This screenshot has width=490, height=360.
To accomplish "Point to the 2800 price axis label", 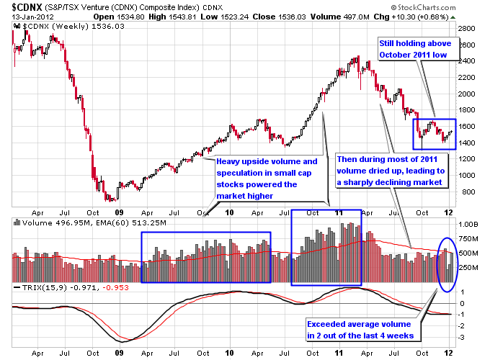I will (x=466, y=29).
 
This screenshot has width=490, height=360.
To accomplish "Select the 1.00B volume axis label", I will (x=468, y=225).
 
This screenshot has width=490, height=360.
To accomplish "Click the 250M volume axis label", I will (x=468, y=268).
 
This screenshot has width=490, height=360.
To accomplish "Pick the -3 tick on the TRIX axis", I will (x=462, y=337).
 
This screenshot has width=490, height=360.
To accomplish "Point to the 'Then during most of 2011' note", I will (x=393, y=171).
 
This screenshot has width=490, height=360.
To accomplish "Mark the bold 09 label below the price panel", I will (x=119, y=212).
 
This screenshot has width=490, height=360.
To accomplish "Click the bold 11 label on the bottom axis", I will (x=339, y=212).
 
